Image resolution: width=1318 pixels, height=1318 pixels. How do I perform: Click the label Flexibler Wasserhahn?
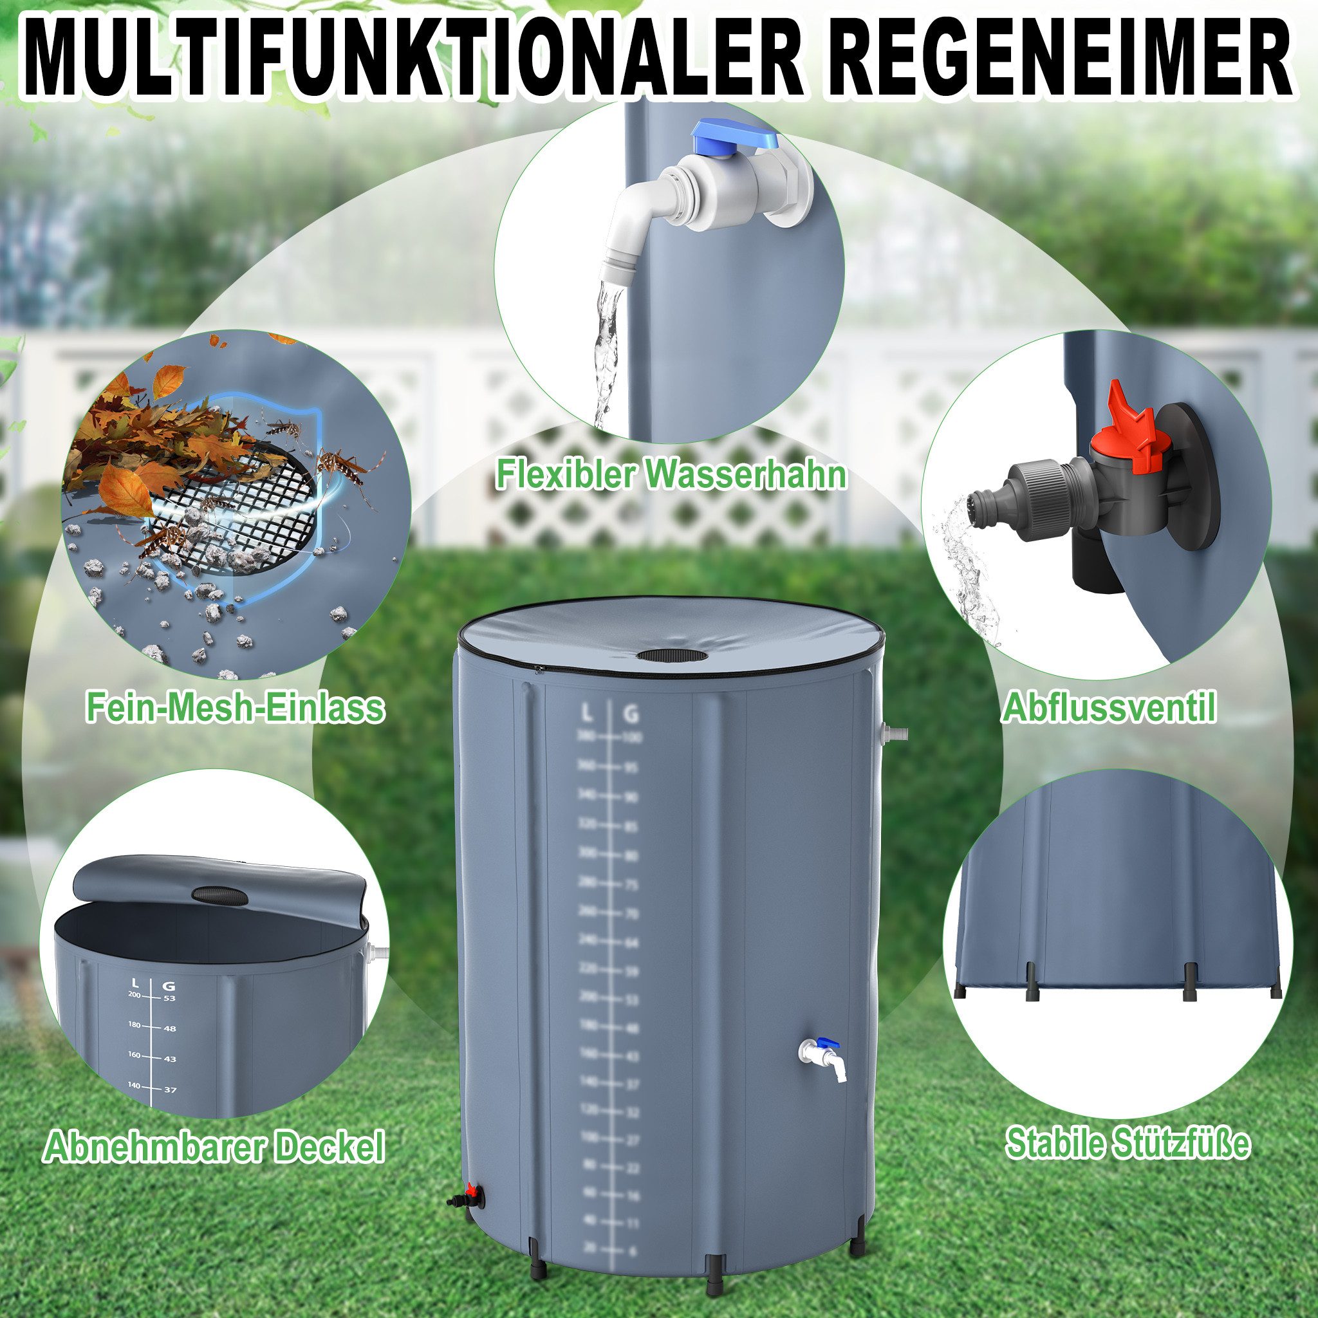[671, 474]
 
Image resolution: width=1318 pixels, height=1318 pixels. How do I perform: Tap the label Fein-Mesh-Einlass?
[235, 707]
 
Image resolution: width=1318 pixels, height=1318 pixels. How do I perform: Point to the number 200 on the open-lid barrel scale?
[134, 995]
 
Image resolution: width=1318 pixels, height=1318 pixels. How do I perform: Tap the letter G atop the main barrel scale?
[632, 715]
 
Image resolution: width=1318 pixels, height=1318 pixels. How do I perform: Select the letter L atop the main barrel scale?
[587, 715]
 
